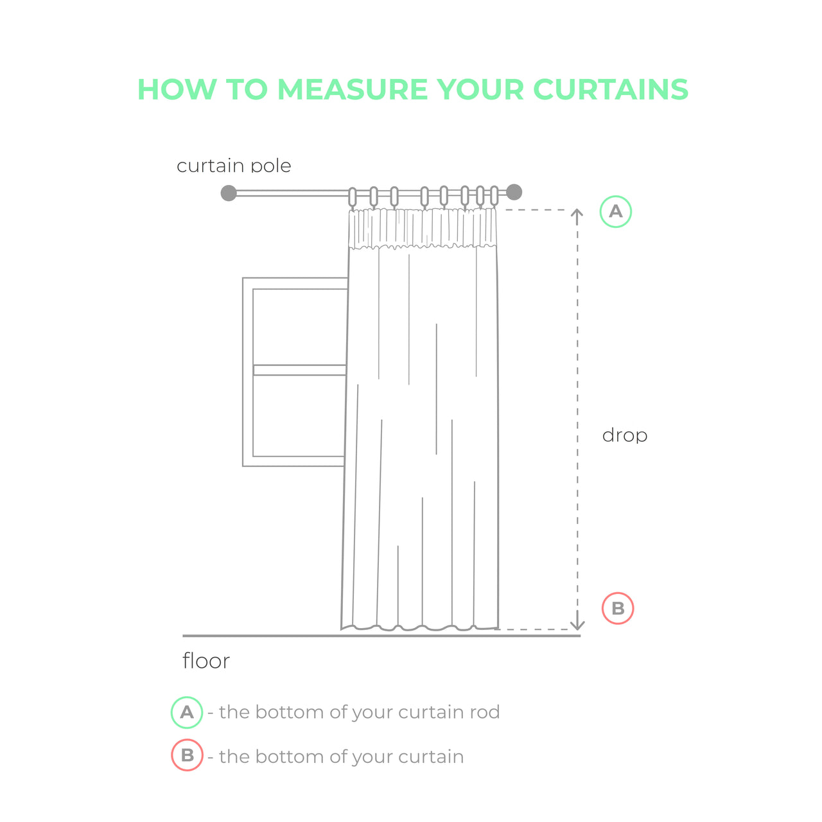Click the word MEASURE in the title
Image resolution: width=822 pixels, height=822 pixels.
[353, 89]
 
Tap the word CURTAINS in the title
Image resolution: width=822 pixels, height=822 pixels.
[611, 89]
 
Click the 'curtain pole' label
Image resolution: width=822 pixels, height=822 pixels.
[234, 166]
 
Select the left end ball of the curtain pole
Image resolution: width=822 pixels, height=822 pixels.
[229, 193]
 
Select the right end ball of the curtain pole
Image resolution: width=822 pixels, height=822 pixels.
[514, 192]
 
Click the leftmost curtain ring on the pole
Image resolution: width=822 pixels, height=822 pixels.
[353, 197]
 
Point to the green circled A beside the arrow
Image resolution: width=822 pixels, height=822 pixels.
[616, 211]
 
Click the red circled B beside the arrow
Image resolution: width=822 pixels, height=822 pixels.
[618, 608]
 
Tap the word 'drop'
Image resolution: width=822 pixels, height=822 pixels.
[624, 436]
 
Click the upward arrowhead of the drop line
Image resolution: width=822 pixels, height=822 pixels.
[577, 213]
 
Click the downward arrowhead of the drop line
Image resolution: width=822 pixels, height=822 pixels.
[577, 625]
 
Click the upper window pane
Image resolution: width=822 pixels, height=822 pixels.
[300, 327]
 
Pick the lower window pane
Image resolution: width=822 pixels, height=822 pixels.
[299, 416]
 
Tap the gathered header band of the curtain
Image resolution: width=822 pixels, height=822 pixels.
[423, 228]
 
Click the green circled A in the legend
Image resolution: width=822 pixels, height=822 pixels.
[187, 712]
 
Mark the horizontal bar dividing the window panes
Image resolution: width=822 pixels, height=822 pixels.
[299, 370]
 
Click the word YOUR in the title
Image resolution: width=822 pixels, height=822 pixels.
[480, 89]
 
